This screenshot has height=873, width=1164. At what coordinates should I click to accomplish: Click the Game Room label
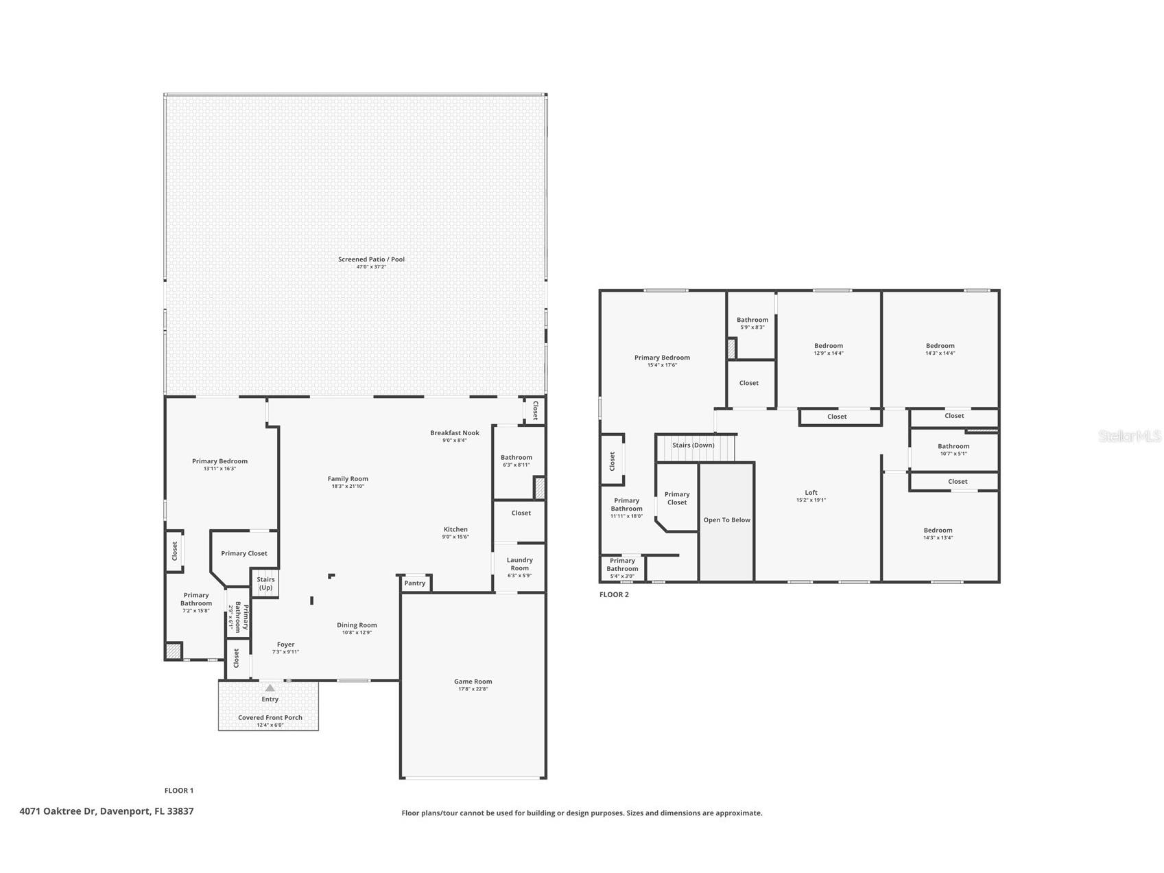tap(473, 682)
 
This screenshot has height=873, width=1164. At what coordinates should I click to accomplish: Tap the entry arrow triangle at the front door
tap(270, 688)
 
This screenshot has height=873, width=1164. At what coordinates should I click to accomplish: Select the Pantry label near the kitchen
tap(415, 583)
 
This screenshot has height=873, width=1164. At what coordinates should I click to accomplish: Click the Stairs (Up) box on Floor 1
tap(265, 583)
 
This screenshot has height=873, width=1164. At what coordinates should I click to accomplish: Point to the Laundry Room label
tap(519, 564)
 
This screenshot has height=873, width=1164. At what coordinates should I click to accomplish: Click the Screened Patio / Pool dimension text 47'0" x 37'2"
tap(371, 267)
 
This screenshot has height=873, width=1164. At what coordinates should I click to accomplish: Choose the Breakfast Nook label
tap(455, 433)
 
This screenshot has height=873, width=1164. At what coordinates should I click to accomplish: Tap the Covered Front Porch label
tap(270, 718)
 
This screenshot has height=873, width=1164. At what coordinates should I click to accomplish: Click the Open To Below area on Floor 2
tap(726, 520)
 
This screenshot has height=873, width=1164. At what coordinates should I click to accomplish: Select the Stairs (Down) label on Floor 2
tap(693, 445)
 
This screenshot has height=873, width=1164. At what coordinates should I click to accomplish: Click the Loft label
tap(811, 493)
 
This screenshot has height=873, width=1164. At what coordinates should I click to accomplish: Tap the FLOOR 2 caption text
tap(614, 595)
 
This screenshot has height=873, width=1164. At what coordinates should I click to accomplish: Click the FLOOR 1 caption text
tap(179, 791)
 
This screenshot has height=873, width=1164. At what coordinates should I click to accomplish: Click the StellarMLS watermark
tap(1129, 436)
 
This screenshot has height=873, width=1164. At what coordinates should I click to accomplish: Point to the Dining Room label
tap(357, 625)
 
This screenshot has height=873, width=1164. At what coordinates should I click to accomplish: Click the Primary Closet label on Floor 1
tap(244, 553)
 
